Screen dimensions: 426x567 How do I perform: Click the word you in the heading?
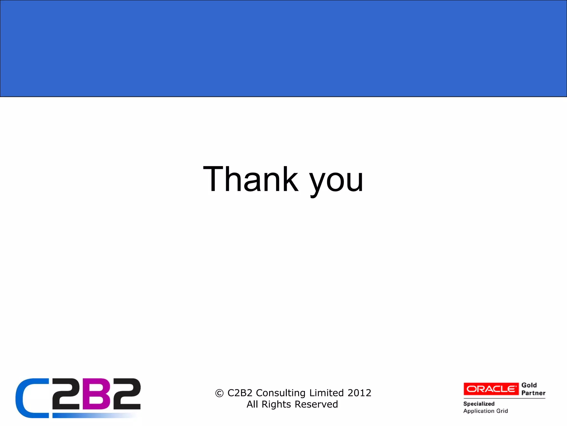(x=336, y=182)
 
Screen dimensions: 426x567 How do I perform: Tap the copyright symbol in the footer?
(x=219, y=393)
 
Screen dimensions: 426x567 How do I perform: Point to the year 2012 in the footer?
(x=359, y=393)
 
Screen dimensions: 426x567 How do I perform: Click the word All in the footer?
(x=252, y=404)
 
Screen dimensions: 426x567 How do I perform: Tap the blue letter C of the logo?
(x=30, y=398)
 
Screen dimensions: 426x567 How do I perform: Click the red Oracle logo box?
(x=491, y=389)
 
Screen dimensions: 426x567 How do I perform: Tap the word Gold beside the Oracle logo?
(x=529, y=385)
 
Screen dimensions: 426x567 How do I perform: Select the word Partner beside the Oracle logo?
(x=533, y=393)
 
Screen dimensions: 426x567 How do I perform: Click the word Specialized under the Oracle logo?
(x=479, y=404)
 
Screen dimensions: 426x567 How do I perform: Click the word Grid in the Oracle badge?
(x=502, y=411)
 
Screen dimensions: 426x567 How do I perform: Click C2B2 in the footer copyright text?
(x=240, y=393)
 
